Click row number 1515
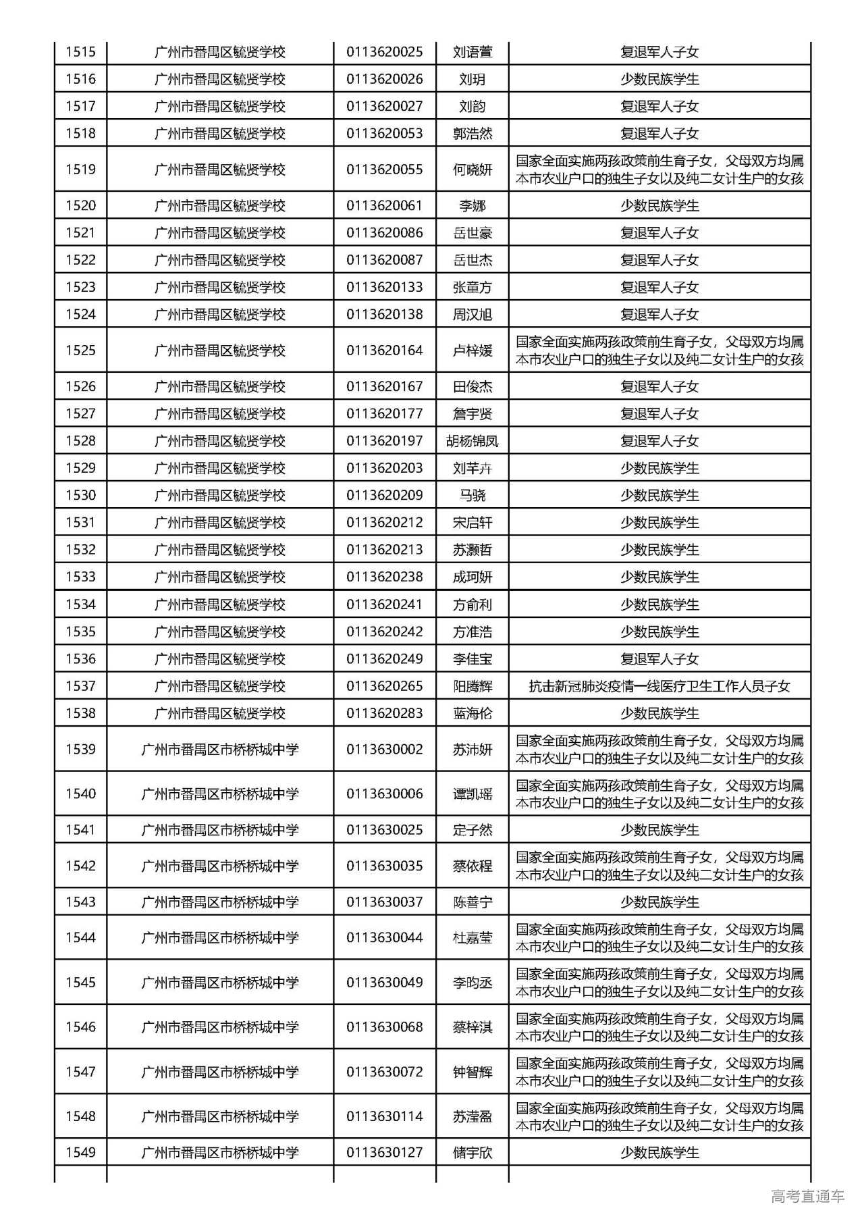(x=80, y=52)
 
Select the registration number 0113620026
(x=384, y=79)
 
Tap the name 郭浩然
(x=472, y=134)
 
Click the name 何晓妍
(x=472, y=170)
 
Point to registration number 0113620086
(x=384, y=233)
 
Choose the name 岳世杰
(x=472, y=260)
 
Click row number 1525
(x=80, y=350)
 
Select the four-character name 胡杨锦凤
(x=472, y=441)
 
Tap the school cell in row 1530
(x=219, y=496)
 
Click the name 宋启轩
(x=472, y=523)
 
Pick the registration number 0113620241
(x=384, y=604)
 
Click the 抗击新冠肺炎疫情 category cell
(x=659, y=686)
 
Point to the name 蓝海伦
(x=472, y=713)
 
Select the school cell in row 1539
(x=219, y=750)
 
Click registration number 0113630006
(x=384, y=794)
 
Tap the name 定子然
(x=472, y=830)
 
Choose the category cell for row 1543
(x=659, y=902)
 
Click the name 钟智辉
(x=472, y=1072)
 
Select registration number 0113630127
(x=384, y=1153)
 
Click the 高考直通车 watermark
(x=807, y=1197)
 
